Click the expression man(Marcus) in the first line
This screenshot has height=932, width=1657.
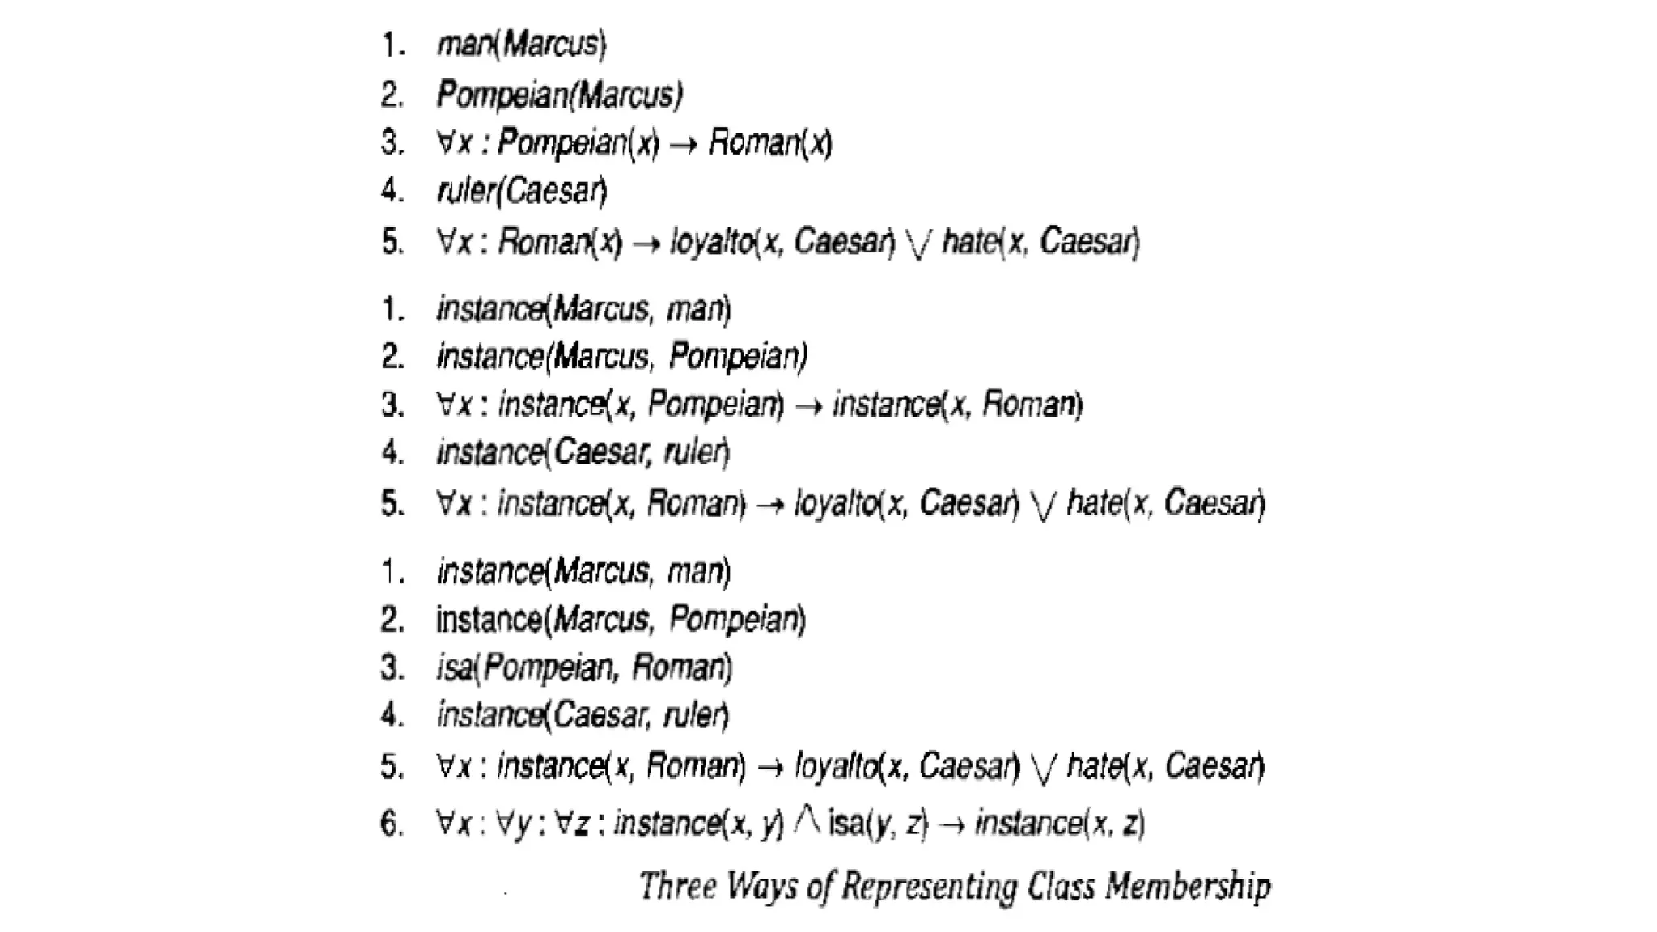[x=521, y=44]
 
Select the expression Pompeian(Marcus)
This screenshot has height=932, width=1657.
[x=559, y=95]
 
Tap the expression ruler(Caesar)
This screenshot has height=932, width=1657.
[x=521, y=191]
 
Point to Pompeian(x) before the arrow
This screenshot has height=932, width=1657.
[x=578, y=143]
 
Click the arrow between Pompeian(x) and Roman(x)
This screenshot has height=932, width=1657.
[x=684, y=145]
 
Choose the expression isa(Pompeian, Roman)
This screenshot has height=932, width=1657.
[x=583, y=668]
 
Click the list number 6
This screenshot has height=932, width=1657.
[x=392, y=824]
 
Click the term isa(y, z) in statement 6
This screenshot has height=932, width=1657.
[x=878, y=824]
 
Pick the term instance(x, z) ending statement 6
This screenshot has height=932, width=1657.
[x=1060, y=824]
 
